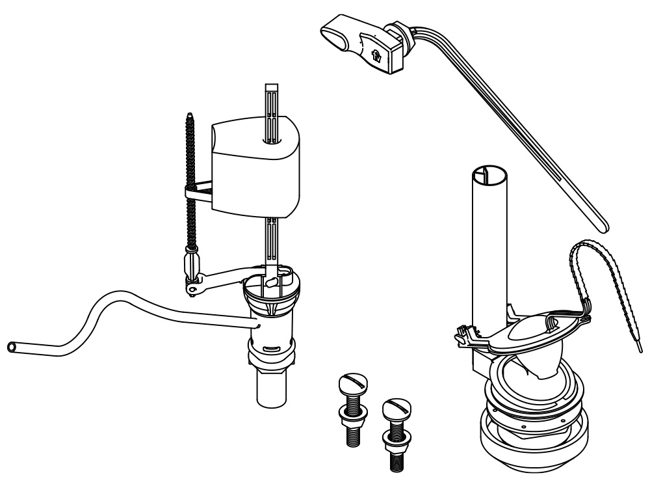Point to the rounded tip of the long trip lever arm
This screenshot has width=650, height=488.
click(x=605, y=226)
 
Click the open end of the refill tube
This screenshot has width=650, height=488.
click(x=12, y=347)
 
